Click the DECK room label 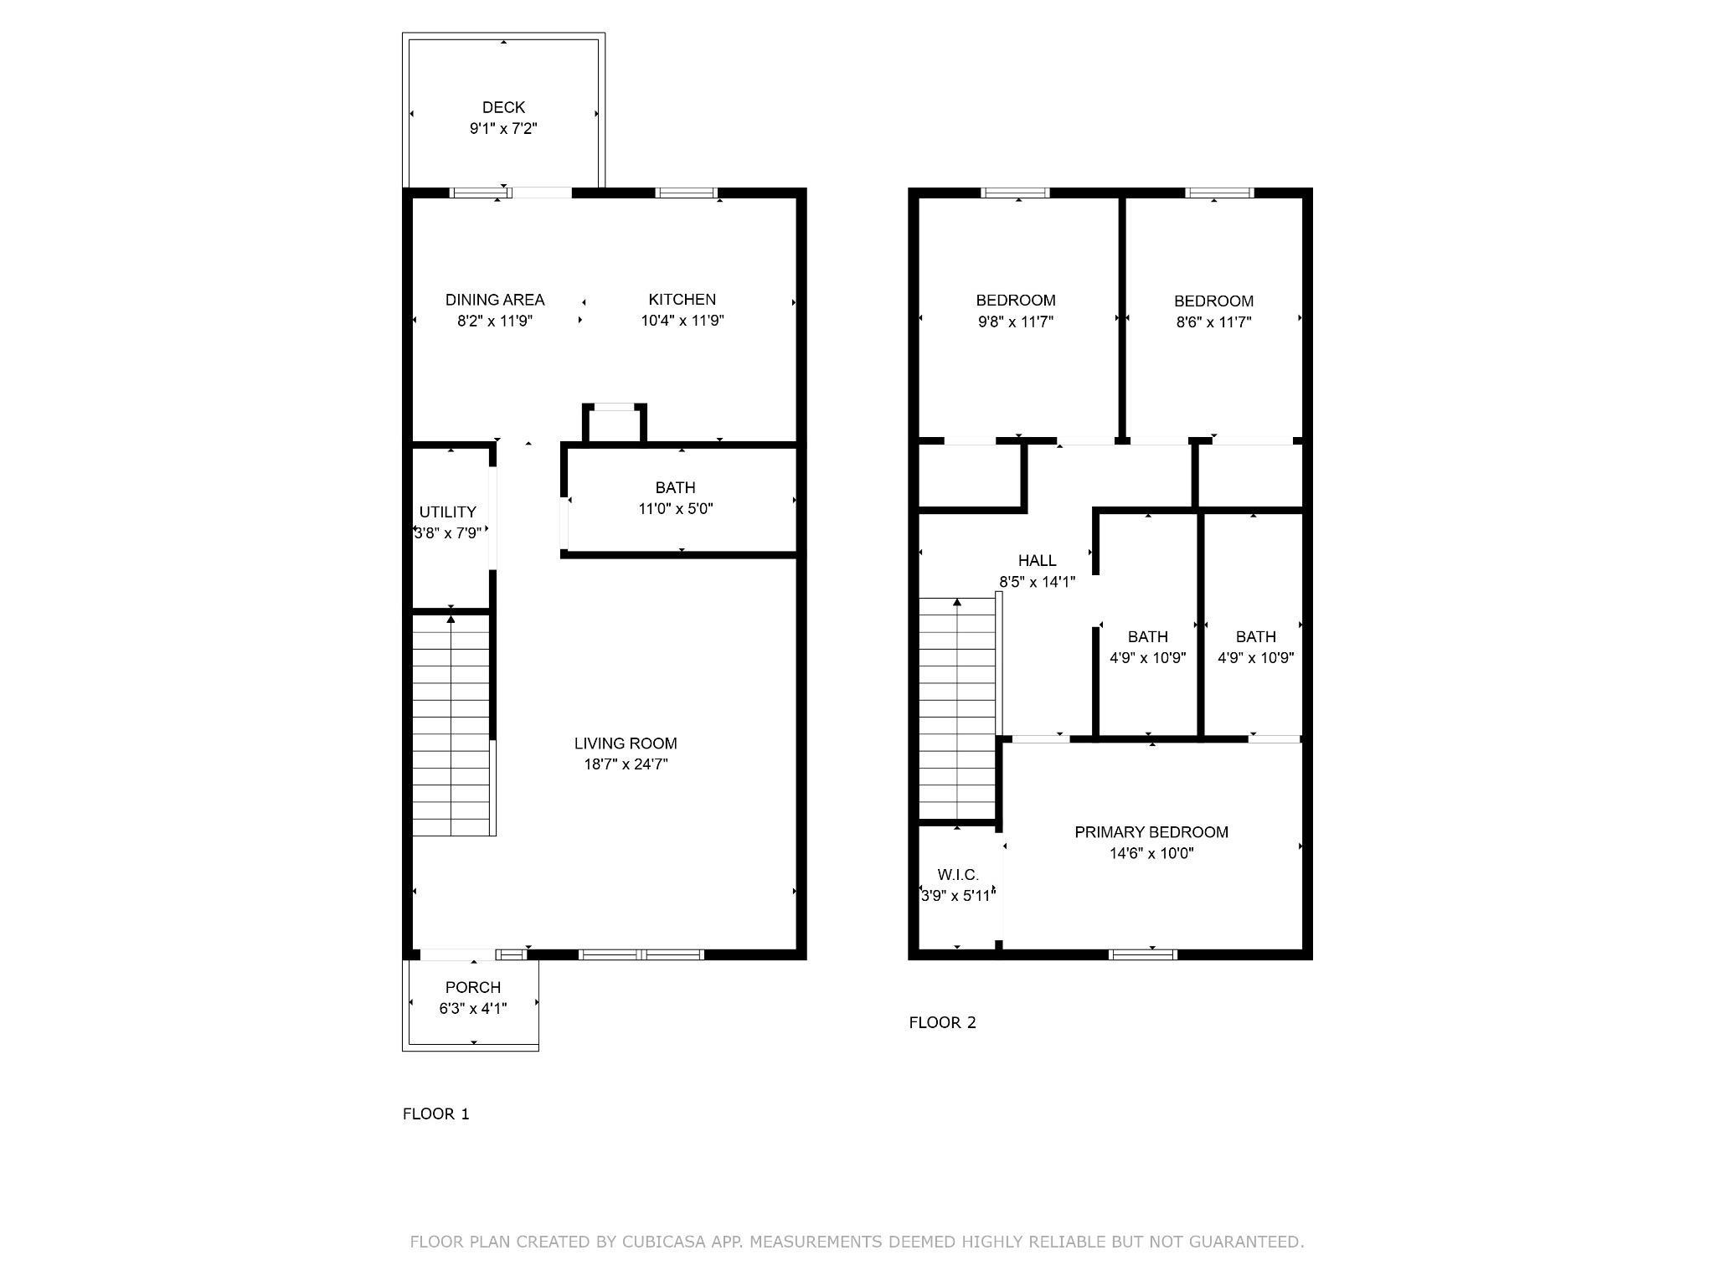click(x=503, y=107)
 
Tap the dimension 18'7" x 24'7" click(x=626, y=764)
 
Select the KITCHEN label click(x=682, y=300)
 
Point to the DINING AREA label click(x=495, y=300)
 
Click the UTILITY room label click(x=447, y=512)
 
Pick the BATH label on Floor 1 click(x=675, y=487)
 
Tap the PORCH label click(x=473, y=987)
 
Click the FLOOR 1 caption click(x=436, y=1114)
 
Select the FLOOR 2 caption click(x=942, y=1022)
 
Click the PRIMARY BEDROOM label click(x=1151, y=832)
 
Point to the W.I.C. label click(x=958, y=875)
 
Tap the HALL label click(x=1037, y=561)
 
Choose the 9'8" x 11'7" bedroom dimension click(x=1015, y=321)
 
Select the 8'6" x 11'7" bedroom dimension click(x=1213, y=322)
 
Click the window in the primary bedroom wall click(x=1143, y=954)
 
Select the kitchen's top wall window click(x=686, y=193)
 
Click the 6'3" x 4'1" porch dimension click(x=473, y=1009)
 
